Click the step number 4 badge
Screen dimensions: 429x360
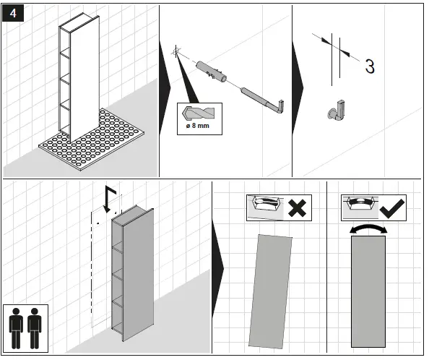[13, 13]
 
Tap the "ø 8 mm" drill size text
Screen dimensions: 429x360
[198, 126]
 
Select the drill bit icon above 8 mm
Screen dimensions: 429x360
[198, 113]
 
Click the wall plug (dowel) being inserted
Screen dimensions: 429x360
[211, 72]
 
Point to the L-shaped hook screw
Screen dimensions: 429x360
[263, 100]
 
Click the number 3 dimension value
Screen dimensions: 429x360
[370, 67]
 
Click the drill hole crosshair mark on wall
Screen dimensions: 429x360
[176, 51]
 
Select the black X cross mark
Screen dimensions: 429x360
[297, 208]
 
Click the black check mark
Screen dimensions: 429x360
[391, 209]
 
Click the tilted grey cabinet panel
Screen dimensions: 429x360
[270, 291]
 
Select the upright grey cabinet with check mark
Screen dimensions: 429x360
[368, 291]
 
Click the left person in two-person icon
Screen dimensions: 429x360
[16, 328]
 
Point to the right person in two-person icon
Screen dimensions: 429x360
[34, 328]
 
